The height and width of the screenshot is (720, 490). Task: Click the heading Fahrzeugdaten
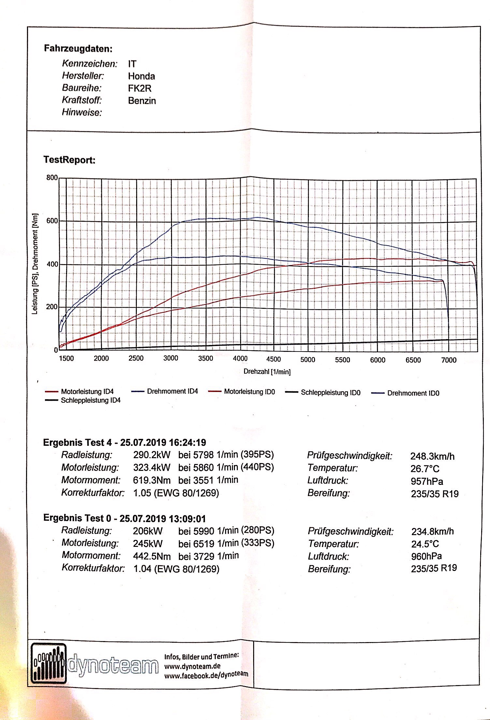[x=78, y=49]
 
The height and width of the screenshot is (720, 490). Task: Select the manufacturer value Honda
[x=141, y=76]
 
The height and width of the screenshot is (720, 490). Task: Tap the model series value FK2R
[x=140, y=88]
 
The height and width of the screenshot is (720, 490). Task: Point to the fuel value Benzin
[x=142, y=101]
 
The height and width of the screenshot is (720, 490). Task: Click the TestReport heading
[x=69, y=160]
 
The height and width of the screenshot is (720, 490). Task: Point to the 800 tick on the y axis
[x=52, y=178]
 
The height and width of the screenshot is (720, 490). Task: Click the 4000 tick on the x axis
[x=240, y=359]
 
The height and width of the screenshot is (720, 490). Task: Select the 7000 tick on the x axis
[x=449, y=360]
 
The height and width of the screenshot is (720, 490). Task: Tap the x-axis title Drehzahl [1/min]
[x=267, y=372]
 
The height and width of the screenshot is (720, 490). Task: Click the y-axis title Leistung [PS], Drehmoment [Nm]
[x=35, y=264]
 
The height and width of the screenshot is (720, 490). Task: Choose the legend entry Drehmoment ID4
[x=172, y=391]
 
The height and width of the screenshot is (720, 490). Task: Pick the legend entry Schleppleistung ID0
[x=330, y=393]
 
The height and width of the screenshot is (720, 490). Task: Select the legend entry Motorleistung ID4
[x=87, y=392]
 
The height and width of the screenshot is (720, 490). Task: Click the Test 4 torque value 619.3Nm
[x=151, y=480]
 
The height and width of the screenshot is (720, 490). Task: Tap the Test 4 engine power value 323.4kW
[x=151, y=468]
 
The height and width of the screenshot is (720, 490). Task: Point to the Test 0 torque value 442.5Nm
[x=151, y=556]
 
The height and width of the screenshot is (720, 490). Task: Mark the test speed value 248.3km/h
[x=432, y=456]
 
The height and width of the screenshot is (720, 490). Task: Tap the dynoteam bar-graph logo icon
[x=49, y=663]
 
